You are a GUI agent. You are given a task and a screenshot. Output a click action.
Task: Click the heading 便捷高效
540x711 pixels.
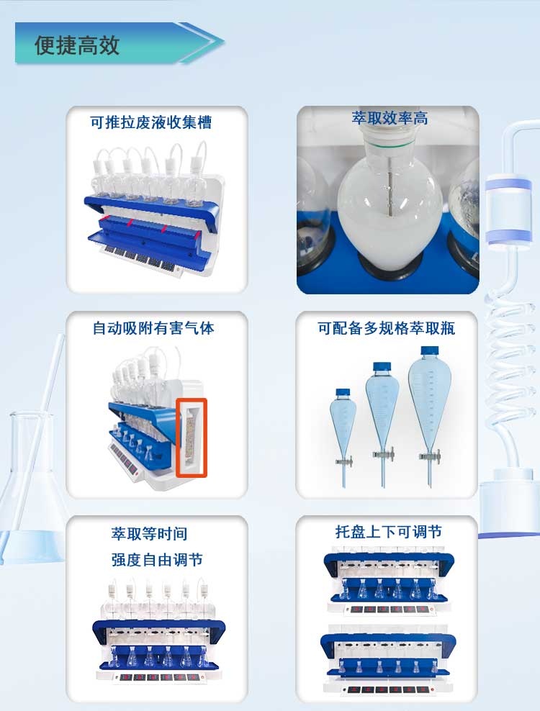[77, 45]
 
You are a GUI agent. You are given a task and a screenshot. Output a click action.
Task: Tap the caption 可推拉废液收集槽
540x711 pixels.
[150, 122]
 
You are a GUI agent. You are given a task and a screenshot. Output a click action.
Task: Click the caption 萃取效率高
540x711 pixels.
[390, 118]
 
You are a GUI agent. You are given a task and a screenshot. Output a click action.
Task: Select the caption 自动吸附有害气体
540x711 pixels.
[153, 329]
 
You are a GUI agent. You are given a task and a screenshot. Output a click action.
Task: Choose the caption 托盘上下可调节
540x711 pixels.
[388, 532]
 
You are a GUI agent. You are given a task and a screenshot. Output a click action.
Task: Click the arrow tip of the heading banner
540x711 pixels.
[216, 42]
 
